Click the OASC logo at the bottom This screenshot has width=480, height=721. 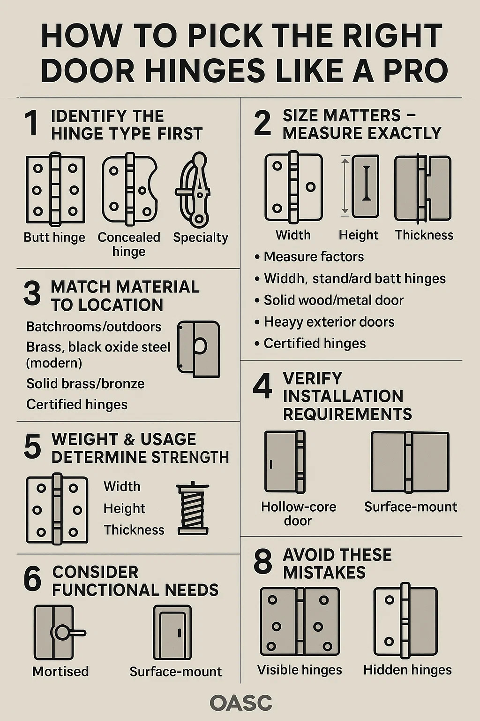coord(241,703)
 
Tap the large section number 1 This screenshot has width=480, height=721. coord(32,123)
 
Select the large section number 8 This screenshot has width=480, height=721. coord(262,562)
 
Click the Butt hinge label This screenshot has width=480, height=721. coord(54,237)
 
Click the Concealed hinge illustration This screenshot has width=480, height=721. coord(129,189)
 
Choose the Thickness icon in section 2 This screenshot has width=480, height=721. coord(423,188)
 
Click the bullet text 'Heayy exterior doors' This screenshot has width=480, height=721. coord(329,322)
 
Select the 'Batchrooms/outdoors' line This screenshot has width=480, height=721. coord(94,327)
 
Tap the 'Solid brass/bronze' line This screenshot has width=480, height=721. coord(85,384)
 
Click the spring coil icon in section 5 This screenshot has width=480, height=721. coord(193,508)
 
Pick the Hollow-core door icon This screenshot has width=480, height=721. coord(285,462)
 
